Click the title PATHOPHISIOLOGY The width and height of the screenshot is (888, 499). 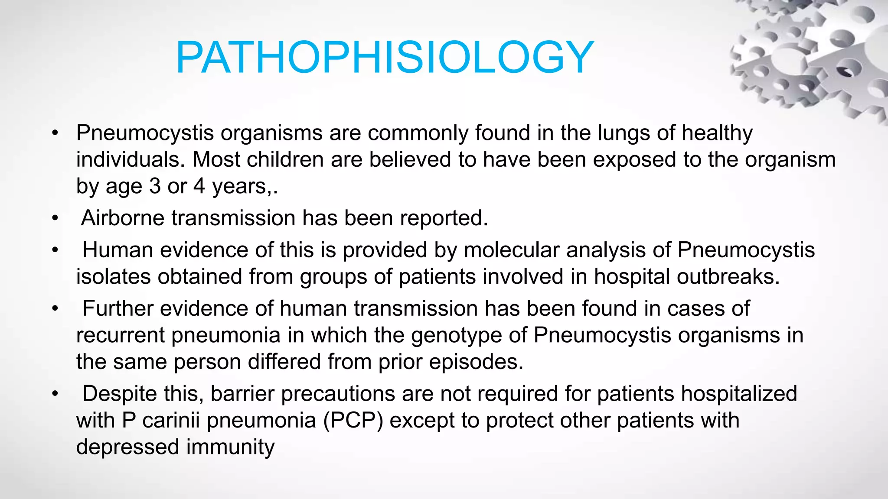(384, 58)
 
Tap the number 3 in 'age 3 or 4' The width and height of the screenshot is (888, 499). (155, 187)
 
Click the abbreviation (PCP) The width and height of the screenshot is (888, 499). (353, 421)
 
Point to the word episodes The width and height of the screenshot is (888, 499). (476, 362)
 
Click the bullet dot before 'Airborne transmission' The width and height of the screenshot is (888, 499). (55, 218)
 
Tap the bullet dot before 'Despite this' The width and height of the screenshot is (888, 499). (55, 394)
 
